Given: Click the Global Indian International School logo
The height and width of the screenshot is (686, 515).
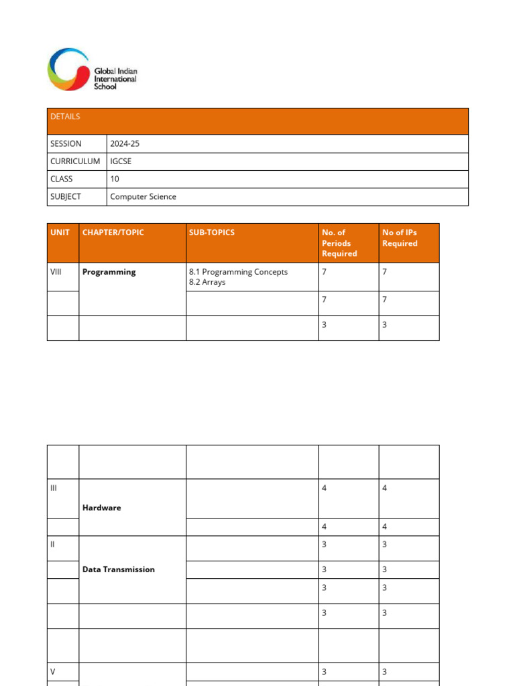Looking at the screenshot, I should (x=92, y=70).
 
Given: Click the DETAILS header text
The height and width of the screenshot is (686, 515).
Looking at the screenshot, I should (x=65, y=117).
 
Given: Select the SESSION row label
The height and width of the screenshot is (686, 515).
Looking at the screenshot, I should (x=66, y=143).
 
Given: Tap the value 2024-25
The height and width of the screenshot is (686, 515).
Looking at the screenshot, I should (x=125, y=143).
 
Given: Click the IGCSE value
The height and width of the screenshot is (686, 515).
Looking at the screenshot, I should (x=121, y=161).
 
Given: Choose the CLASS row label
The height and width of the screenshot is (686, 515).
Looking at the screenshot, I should (x=62, y=179).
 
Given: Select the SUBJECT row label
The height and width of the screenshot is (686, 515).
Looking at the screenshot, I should (x=66, y=197).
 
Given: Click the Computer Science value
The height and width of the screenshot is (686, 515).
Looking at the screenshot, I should (x=144, y=197).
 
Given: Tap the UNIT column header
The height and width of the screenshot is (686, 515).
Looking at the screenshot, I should (x=60, y=232).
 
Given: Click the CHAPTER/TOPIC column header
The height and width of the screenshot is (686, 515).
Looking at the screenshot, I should (x=113, y=232).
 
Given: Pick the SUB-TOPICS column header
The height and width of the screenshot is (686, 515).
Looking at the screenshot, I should (x=212, y=232).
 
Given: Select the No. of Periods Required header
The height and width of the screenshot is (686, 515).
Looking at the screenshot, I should (x=339, y=243).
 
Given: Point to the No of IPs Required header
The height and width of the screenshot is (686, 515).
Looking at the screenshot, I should (x=400, y=238).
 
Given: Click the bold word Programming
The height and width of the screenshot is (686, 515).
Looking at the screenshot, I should (x=109, y=272).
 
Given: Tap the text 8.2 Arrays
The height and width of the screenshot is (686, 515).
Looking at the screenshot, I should (x=207, y=282).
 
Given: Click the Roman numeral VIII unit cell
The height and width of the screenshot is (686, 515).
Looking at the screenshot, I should (x=56, y=272).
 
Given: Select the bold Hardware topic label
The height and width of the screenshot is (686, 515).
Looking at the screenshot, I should (x=102, y=508).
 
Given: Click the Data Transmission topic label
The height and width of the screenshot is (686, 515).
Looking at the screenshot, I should (x=119, y=569).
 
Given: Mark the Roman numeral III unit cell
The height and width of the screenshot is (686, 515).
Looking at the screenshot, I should (x=54, y=488).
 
